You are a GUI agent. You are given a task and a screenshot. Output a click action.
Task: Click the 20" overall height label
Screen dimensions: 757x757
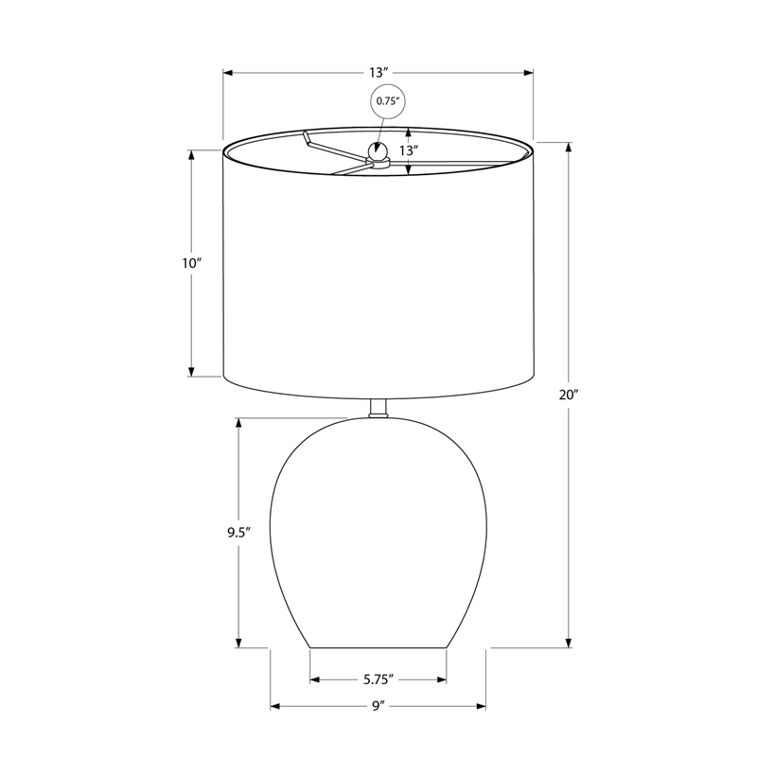click(x=569, y=395)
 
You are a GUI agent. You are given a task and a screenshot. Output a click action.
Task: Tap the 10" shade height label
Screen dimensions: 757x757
click(x=191, y=263)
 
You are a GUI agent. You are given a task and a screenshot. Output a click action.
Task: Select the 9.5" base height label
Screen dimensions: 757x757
click(x=239, y=533)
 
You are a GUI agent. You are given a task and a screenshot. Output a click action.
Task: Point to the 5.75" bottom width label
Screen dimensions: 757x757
click(x=378, y=679)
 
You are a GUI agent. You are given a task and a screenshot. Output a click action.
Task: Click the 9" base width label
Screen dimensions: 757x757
click(x=378, y=706)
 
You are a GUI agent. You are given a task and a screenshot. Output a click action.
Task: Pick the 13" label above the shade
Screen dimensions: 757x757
click(x=379, y=73)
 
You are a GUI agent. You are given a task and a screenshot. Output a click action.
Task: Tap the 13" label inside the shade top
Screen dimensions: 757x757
click(x=408, y=150)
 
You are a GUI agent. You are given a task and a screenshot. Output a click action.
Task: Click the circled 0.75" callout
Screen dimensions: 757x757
click(x=388, y=101)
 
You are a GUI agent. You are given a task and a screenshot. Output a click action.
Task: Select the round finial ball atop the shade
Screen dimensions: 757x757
click(x=378, y=151)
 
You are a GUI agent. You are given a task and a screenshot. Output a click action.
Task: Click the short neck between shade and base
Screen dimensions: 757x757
click(x=378, y=409)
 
